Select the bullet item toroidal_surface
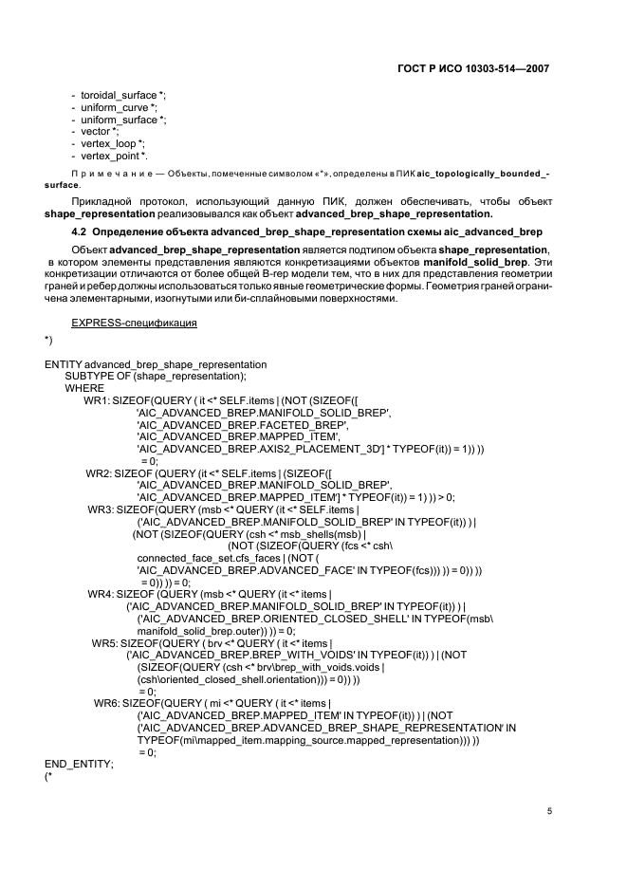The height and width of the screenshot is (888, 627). pyautogui.click(x=111, y=96)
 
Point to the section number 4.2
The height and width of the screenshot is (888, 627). pyautogui.click(x=82, y=231)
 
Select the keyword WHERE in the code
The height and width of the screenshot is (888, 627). pyautogui.click(x=84, y=388)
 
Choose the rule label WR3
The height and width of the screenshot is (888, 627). pyautogui.click(x=100, y=509)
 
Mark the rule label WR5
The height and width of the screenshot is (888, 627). pyautogui.click(x=103, y=642)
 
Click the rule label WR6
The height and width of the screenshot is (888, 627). pyautogui.click(x=105, y=702)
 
